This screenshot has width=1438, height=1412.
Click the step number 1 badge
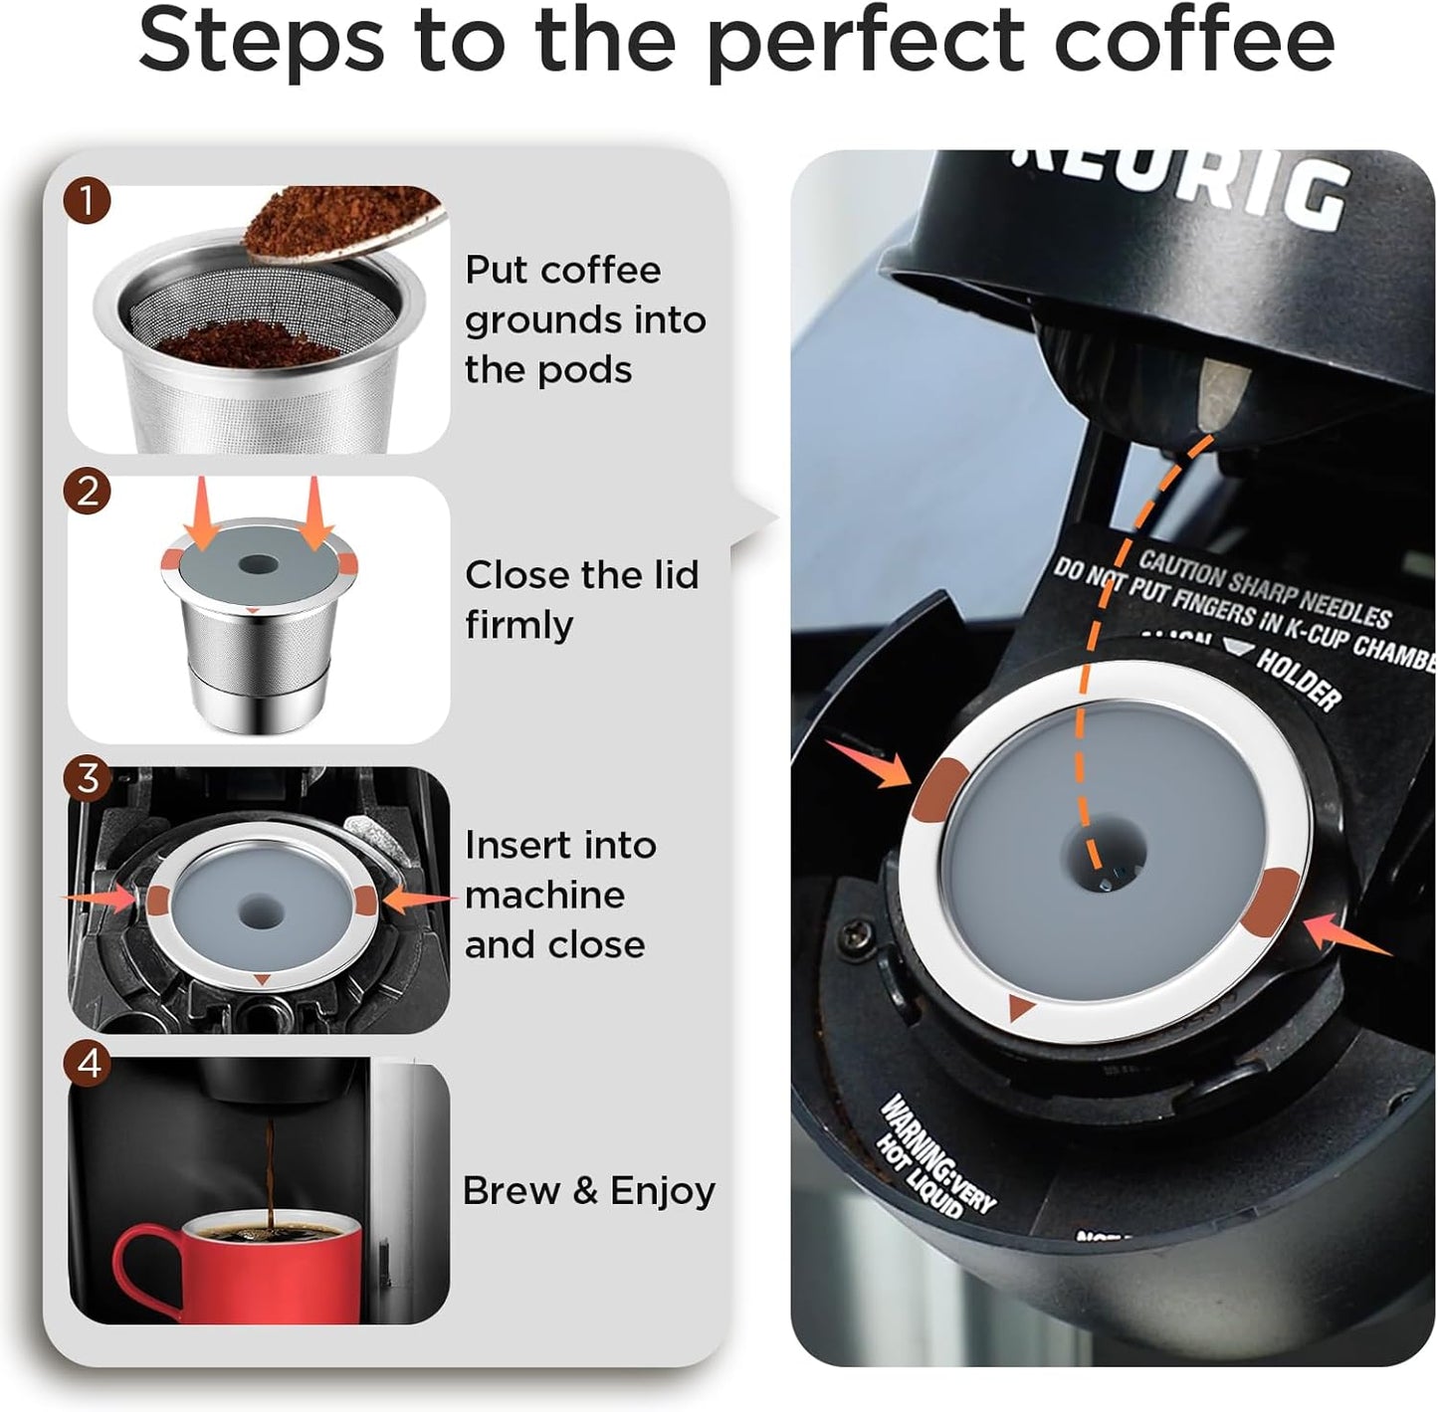point(88,202)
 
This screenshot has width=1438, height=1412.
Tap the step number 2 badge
point(88,492)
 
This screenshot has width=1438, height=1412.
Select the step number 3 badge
point(88,777)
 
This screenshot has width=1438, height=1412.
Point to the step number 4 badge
point(88,1064)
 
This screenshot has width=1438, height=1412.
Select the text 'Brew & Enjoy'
point(588,1190)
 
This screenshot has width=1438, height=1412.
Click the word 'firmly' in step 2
point(518,625)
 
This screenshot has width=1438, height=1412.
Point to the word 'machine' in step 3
point(544,895)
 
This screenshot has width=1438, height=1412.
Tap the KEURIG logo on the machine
point(1184,184)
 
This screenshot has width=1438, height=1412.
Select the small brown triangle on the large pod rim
point(1019,1008)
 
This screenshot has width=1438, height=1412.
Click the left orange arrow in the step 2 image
point(200,512)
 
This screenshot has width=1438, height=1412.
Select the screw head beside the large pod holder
point(855,934)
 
